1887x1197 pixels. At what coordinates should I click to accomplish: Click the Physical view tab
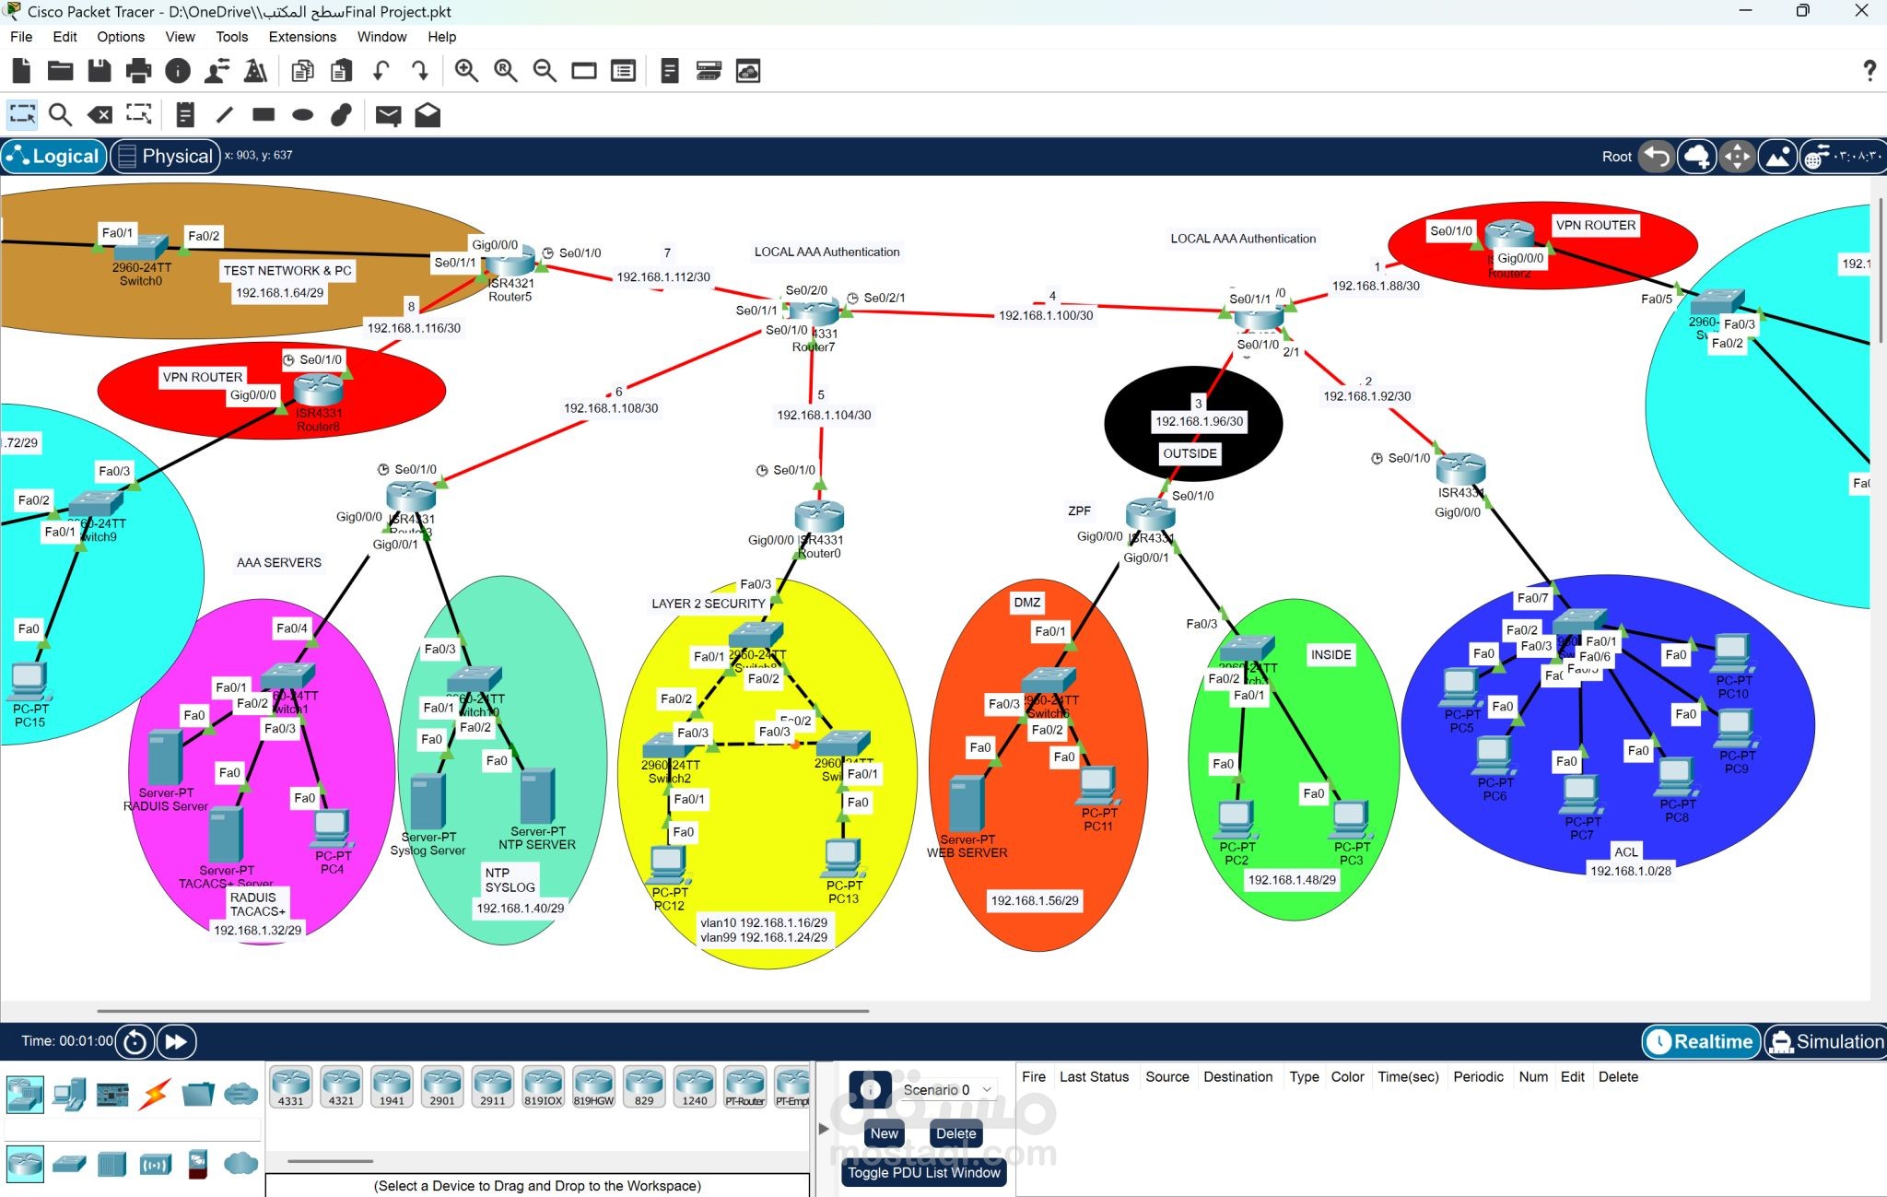pyautogui.click(x=166, y=156)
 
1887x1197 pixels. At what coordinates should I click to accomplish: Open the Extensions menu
pyautogui.click(x=302, y=37)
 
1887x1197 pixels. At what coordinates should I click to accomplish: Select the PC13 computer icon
pyautogui.click(x=842, y=858)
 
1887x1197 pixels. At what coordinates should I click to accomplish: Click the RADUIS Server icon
pyautogui.click(x=164, y=757)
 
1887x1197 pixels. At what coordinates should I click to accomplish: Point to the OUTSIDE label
pyautogui.click(x=1190, y=453)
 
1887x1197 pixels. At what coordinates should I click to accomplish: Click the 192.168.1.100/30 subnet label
pyautogui.click(x=1046, y=315)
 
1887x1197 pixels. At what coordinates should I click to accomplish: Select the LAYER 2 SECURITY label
pyautogui.click(x=709, y=604)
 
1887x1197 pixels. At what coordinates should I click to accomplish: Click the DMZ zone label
pyautogui.click(x=1026, y=603)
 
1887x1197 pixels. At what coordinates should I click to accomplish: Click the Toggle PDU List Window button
pyautogui.click(x=923, y=1172)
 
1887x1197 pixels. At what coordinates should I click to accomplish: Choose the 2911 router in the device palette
pyautogui.click(x=492, y=1086)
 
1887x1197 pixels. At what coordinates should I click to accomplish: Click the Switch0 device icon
pyautogui.click(x=141, y=247)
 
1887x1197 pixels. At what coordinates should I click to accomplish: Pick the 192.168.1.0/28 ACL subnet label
pyautogui.click(x=1630, y=871)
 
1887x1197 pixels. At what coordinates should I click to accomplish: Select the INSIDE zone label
pyautogui.click(x=1330, y=654)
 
